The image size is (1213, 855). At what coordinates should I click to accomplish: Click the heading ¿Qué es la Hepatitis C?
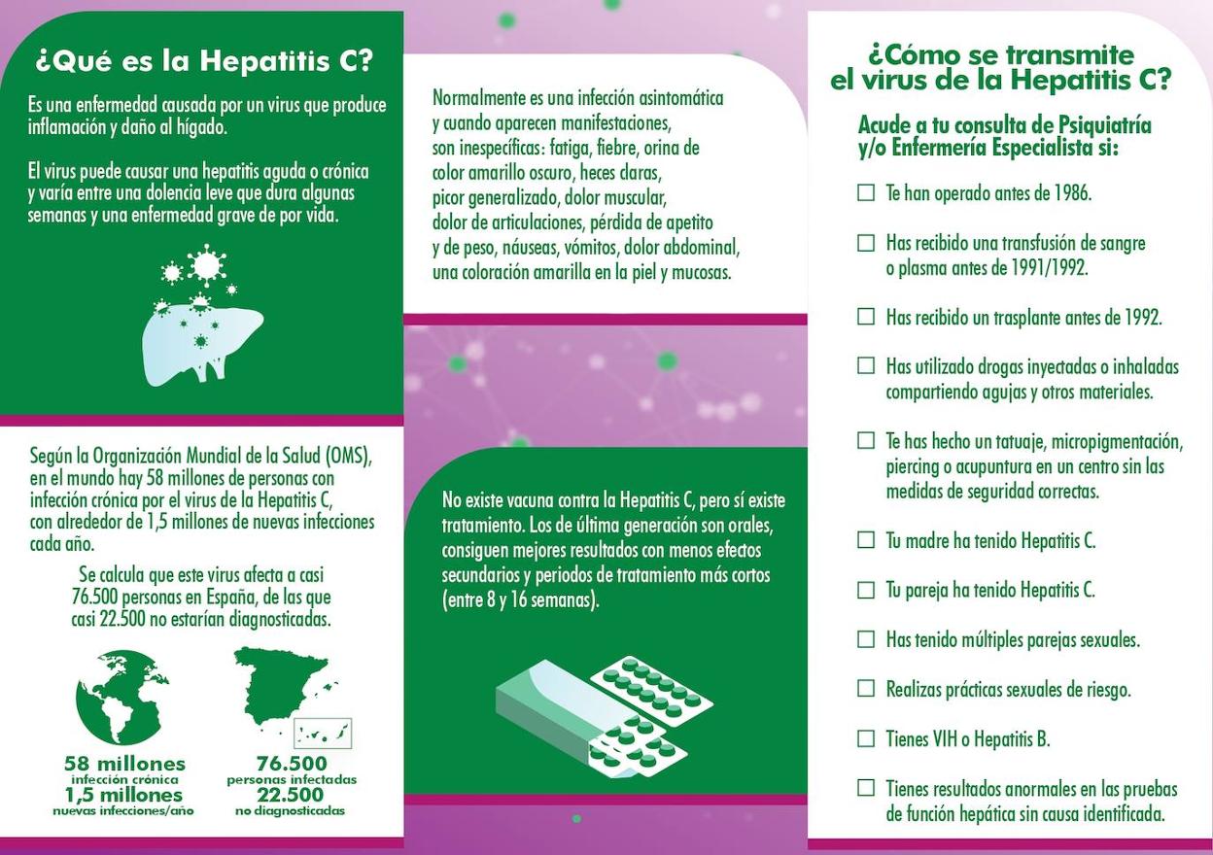(203, 61)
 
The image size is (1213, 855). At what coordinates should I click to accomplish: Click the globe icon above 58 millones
(122, 698)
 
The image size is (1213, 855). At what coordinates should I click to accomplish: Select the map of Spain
(287, 692)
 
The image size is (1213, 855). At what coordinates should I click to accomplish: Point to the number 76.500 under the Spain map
(292, 764)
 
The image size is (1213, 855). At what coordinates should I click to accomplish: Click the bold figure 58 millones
(124, 764)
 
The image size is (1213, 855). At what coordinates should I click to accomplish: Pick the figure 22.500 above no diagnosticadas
(291, 795)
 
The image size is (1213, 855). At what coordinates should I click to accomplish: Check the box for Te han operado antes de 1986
(866, 192)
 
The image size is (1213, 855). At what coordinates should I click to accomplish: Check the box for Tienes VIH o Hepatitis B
(866, 738)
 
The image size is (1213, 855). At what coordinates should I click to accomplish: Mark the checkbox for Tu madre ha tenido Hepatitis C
(866, 540)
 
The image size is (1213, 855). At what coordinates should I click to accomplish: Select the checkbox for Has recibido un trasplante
(866, 317)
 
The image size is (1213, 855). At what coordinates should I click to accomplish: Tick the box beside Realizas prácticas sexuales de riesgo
(866, 689)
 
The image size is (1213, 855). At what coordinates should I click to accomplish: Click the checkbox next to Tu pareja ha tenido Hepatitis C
(866, 590)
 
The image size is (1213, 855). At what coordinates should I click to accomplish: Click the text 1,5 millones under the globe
(123, 795)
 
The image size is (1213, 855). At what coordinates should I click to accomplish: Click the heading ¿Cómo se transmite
(1001, 54)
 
